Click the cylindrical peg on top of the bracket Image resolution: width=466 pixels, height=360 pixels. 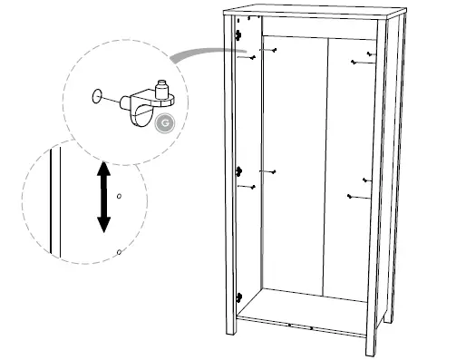coord(161,88)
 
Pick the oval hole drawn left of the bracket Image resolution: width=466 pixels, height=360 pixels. coord(95,93)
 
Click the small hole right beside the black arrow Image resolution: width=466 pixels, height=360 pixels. coord(119,195)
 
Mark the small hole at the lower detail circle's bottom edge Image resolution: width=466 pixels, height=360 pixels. coord(118,253)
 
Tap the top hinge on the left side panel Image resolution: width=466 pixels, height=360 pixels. coord(238,34)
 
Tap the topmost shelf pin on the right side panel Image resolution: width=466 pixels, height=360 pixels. coord(369,54)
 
